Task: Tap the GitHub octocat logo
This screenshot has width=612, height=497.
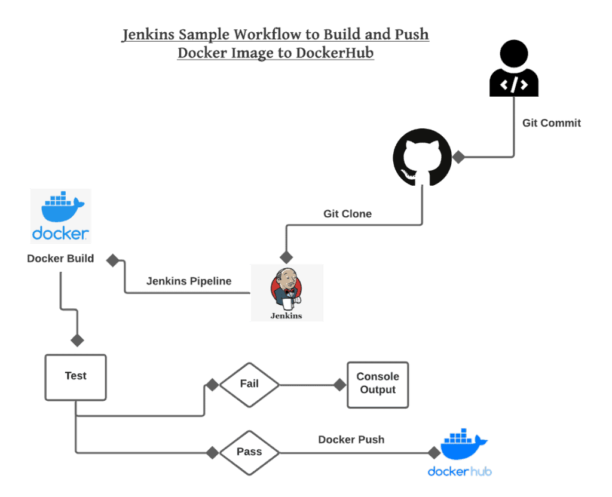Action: pos(422,157)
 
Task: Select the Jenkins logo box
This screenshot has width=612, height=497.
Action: pos(286,293)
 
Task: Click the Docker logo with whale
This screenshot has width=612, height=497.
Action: pos(60,216)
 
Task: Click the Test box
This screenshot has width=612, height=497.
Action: pos(76,377)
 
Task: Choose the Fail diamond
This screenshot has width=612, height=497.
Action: pos(249,384)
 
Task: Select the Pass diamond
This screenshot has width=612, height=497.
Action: pos(249,452)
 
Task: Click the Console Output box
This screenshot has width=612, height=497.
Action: pos(378,384)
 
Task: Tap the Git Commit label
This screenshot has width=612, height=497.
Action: pos(551,123)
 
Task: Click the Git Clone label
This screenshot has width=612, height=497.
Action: pos(347,213)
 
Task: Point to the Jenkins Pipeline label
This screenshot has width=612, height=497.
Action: pos(189,281)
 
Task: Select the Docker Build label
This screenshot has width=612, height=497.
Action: pos(60,259)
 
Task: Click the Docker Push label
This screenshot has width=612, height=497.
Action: pos(351,440)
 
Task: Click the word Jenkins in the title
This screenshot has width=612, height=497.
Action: pos(149,35)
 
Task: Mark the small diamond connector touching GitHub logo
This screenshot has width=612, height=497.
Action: pos(458,158)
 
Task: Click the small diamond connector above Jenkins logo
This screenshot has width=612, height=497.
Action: pos(286,256)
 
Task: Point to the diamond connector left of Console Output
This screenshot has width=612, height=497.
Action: pos(339,385)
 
